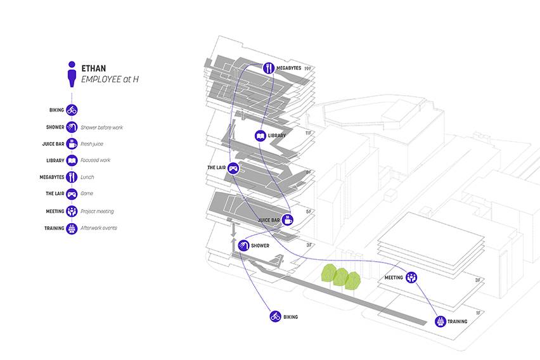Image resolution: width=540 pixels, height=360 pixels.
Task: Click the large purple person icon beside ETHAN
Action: tap(72, 74)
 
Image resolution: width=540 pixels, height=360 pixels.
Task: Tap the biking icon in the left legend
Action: tap(72, 110)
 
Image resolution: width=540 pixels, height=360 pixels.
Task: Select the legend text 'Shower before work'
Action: tap(101, 127)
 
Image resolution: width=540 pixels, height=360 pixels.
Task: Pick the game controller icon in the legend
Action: tap(72, 194)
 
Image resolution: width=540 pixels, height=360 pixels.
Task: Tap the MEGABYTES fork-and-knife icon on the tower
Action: tap(269, 68)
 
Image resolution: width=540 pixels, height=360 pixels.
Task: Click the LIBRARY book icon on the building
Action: tap(260, 136)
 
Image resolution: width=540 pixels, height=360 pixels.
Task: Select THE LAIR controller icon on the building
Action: tap(233, 168)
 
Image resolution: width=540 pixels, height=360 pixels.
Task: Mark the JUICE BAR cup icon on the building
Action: tap(288, 220)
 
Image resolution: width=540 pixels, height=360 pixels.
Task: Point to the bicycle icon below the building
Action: tap(275, 316)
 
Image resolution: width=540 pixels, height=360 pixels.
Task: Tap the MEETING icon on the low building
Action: tap(411, 278)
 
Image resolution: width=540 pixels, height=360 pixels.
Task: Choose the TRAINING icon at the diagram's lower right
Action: tap(440, 321)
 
